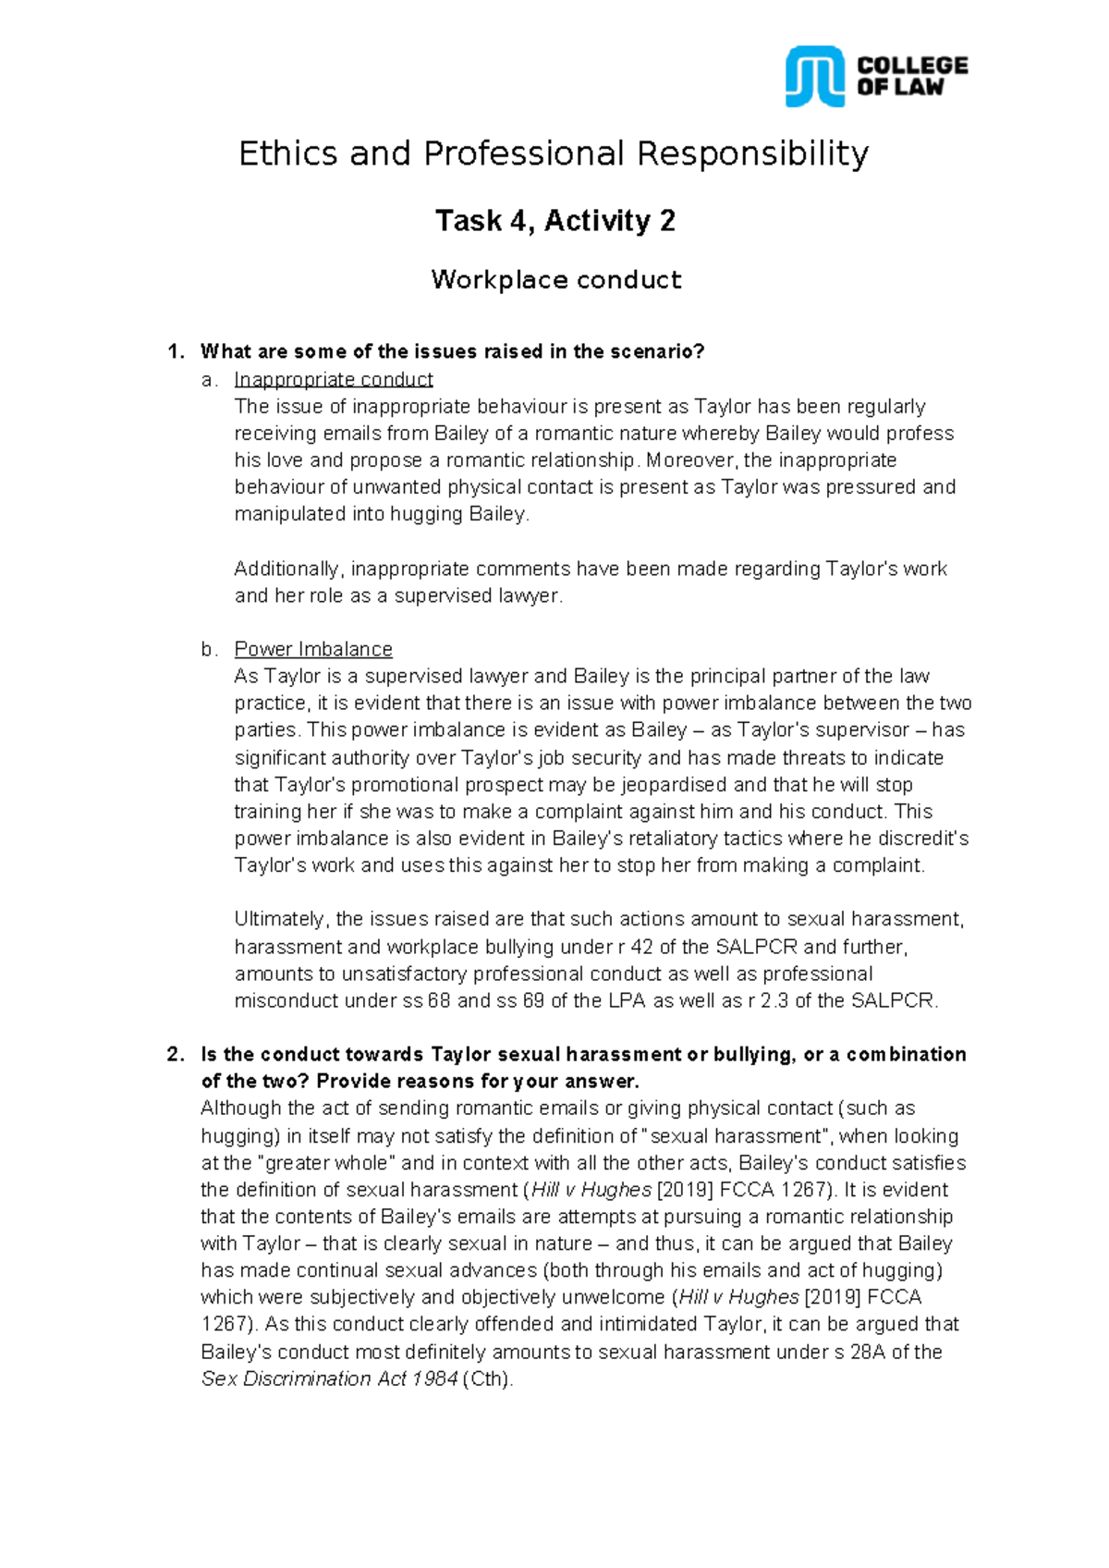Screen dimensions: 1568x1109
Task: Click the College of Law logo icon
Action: pos(814,77)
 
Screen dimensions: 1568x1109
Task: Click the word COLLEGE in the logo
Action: pos(912,66)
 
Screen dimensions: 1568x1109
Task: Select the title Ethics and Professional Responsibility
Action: pos(554,153)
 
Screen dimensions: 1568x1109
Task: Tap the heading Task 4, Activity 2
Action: pos(554,221)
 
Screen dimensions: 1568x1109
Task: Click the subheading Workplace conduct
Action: pos(555,280)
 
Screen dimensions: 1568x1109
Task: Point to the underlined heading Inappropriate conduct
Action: pos(333,380)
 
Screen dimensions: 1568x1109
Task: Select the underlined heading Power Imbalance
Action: pos(313,649)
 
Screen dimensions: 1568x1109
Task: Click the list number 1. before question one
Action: pos(176,351)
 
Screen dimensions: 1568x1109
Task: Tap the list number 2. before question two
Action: pos(176,1055)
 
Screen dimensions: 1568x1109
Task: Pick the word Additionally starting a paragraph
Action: pos(288,569)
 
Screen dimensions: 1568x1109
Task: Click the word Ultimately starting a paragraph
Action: pos(280,919)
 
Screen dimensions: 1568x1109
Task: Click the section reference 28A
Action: pos(868,1352)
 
